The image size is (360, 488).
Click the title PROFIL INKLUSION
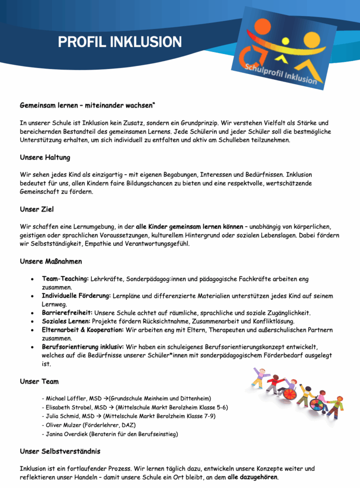pyautogui.click(x=120, y=43)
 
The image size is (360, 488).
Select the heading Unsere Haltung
pyautogui.click(x=45, y=158)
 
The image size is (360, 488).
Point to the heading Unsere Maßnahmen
pyautogui.click(x=51, y=261)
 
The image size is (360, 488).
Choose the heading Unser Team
pyautogui.click(x=39, y=382)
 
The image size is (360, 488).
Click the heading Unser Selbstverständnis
pyautogui.click(x=60, y=451)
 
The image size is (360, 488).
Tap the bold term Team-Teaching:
pyautogui.click(x=65, y=279)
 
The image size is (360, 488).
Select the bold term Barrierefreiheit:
pyautogui.click(x=67, y=313)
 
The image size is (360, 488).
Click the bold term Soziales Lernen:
pyautogui.click(x=65, y=321)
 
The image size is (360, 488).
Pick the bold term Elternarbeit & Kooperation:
pyautogui.click(x=82, y=330)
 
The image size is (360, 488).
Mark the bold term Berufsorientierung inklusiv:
pyautogui.click(x=82, y=347)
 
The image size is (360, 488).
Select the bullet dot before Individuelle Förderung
pyautogui.click(x=31, y=296)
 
